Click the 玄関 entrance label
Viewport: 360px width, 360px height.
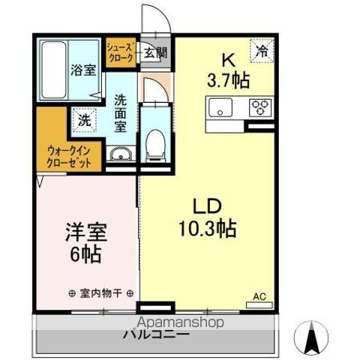coord(155,53)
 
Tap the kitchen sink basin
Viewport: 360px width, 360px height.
coord(222,107)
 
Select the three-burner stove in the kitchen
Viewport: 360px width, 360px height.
coord(261,106)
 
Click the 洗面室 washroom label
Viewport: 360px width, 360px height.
coord(121,112)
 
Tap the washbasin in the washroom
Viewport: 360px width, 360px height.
coord(120,155)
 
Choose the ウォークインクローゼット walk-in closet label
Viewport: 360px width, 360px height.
coord(67,155)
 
